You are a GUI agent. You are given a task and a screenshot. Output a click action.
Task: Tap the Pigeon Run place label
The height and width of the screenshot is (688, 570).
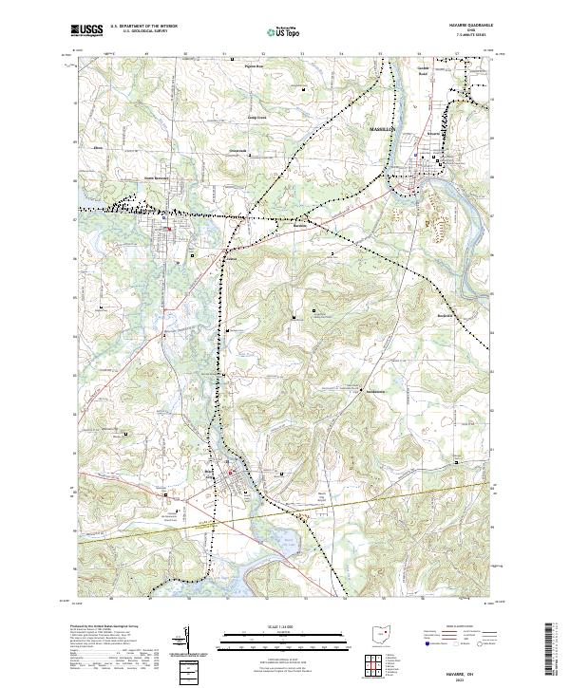pos(254,66)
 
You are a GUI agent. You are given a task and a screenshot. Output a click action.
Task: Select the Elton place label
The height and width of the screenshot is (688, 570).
pos(97,149)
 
